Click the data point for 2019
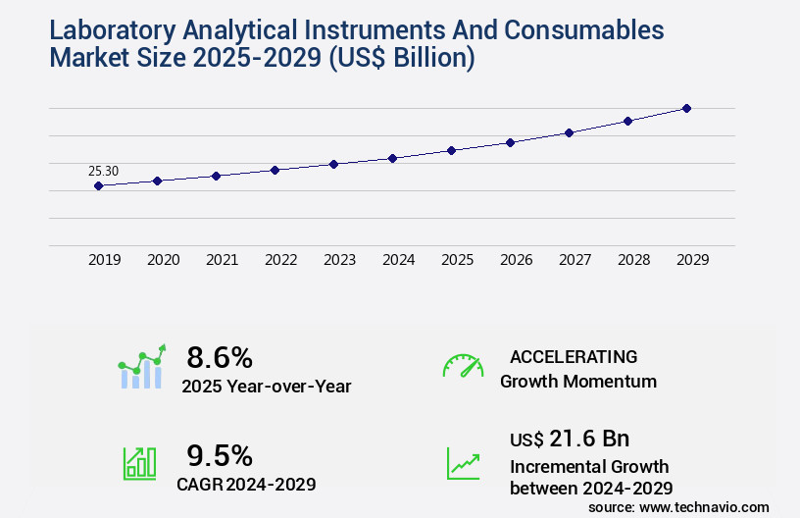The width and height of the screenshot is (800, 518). [98, 185]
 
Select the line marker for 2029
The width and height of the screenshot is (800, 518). [686, 108]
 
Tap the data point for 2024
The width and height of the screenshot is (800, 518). [392, 158]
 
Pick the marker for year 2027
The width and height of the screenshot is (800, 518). [569, 132]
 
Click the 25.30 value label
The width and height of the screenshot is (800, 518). [103, 171]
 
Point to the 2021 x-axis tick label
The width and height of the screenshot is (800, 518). [222, 260]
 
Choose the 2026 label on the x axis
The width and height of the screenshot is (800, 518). [516, 260]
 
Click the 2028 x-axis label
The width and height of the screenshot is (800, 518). [633, 260]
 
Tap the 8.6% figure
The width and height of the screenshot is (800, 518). [220, 356]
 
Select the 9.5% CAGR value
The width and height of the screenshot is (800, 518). [220, 455]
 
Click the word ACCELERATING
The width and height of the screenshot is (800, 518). [574, 356]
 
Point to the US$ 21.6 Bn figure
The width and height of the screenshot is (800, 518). [570, 438]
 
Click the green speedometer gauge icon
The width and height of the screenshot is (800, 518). [463, 365]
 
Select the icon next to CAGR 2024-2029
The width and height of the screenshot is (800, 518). [138, 463]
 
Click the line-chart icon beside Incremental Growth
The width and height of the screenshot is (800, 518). [463, 463]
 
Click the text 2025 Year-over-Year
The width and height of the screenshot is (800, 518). [266, 386]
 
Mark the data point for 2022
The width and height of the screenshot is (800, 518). [275, 170]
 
